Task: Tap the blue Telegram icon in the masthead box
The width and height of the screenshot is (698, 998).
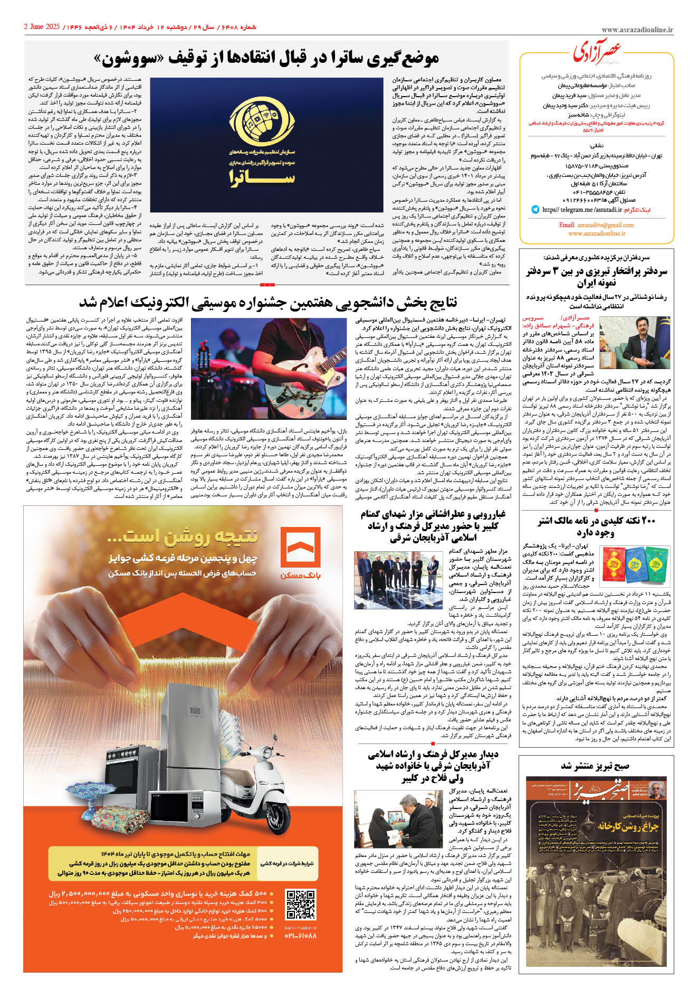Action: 535,210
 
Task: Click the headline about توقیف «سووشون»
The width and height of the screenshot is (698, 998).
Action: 266,58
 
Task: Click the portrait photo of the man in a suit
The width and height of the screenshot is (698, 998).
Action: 635,343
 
